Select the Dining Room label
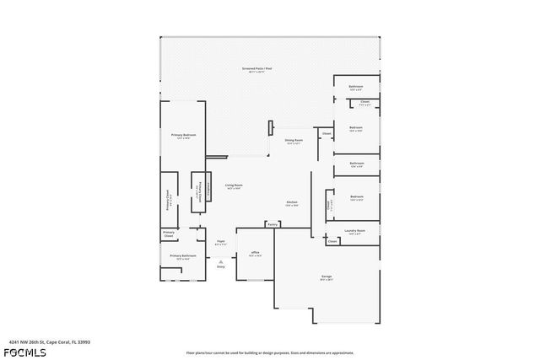(x=294, y=140)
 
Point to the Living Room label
(x=234, y=185)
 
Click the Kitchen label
(x=292, y=202)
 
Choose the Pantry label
(x=273, y=224)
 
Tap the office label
(x=255, y=252)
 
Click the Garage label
(x=326, y=276)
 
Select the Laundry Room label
(x=354, y=230)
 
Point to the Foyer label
(x=220, y=241)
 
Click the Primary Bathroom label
(x=183, y=255)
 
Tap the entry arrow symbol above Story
(x=220, y=261)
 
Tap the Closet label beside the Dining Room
(x=327, y=133)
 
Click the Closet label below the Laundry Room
(x=332, y=241)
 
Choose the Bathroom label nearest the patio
(x=356, y=86)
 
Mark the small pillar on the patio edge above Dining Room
(x=270, y=128)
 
